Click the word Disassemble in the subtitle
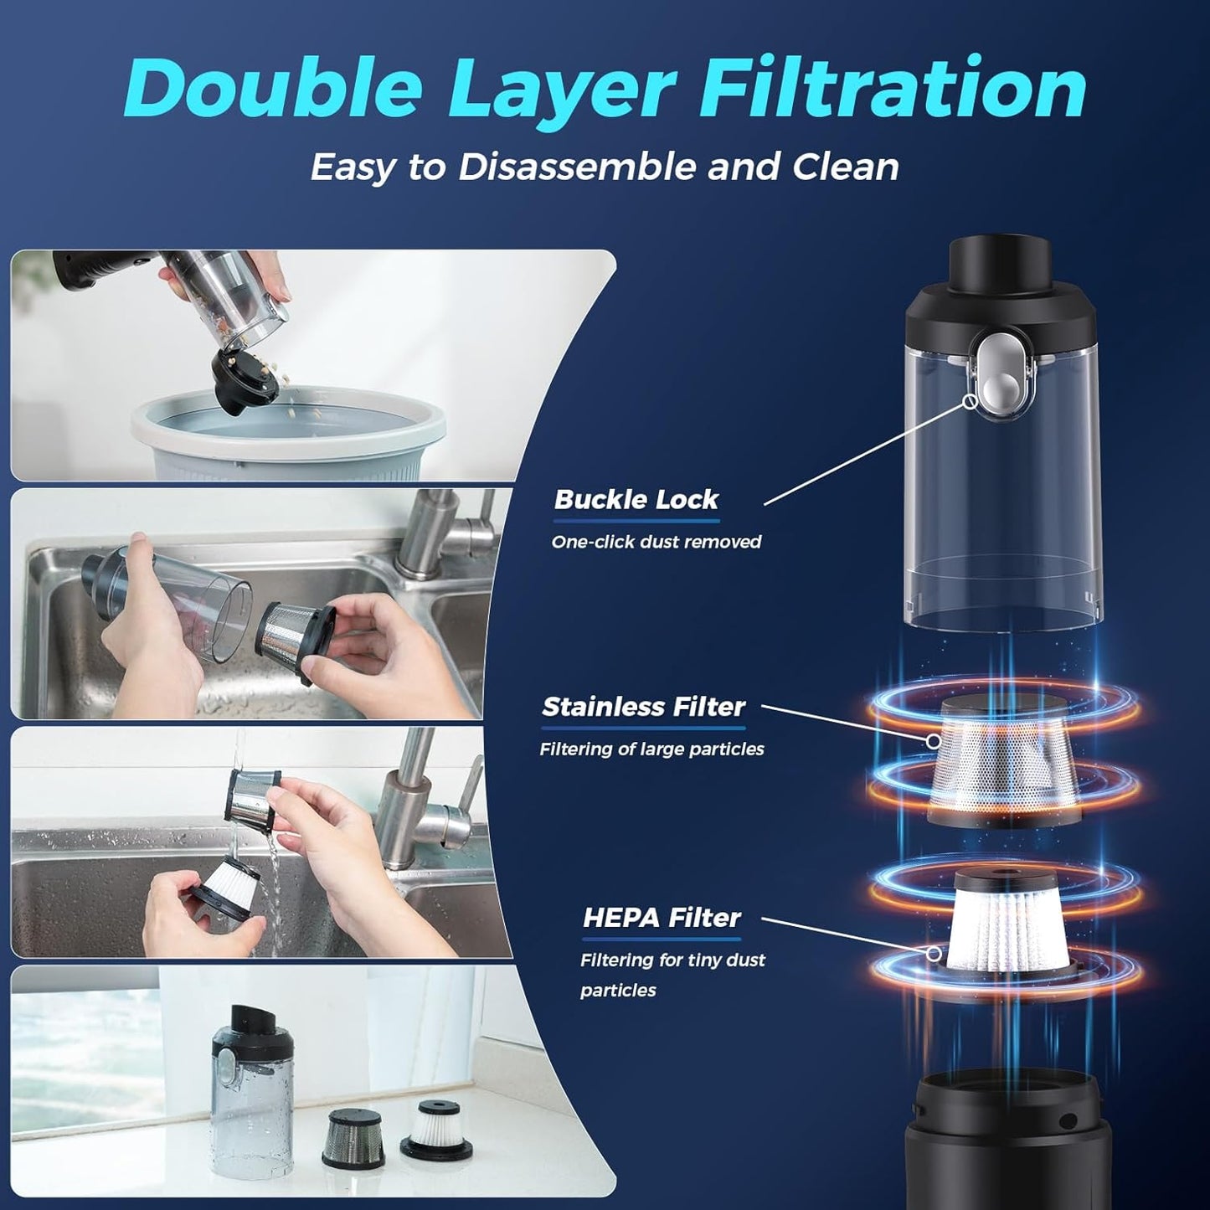(578, 167)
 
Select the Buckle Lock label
(636, 500)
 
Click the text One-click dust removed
(656, 542)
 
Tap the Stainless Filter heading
(643, 707)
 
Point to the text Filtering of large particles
(651, 749)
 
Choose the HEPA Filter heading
(662, 918)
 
